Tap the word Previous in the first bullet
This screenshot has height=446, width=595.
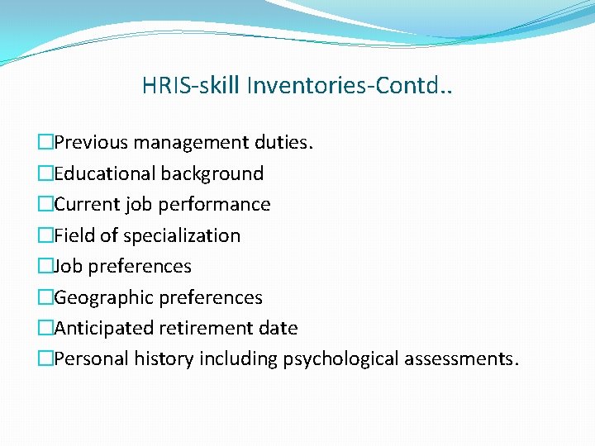(91, 142)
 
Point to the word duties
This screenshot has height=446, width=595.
(286, 142)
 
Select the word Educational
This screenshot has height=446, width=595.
(105, 173)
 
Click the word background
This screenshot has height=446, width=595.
(212, 173)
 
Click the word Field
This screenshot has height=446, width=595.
(74, 235)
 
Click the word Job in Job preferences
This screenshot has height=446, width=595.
(68, 266)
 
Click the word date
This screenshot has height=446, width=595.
(279, 328)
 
